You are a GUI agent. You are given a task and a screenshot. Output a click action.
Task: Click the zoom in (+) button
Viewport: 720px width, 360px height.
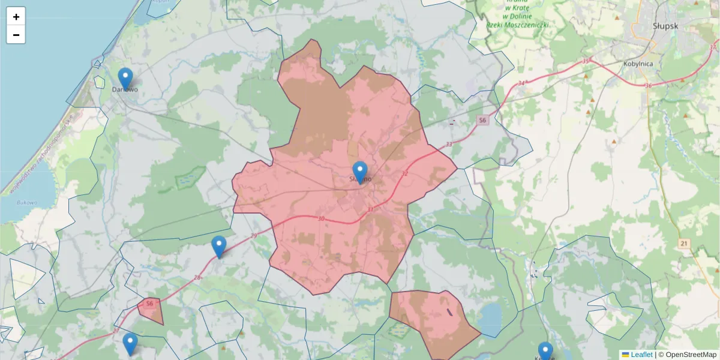pyautogui.click(x=16, y=17)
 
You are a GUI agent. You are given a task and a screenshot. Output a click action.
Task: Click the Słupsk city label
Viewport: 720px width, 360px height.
pyautogui.click(x=665, y=26)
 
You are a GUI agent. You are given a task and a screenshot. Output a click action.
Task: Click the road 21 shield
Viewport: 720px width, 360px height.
pyautogui.click(x=683, y=243)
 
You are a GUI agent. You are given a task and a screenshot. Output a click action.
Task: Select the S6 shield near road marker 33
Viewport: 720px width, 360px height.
pyautogui.click(x=483, y=121)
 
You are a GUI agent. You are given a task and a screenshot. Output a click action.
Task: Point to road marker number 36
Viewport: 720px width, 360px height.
pyautogui.click(x=648, y=86)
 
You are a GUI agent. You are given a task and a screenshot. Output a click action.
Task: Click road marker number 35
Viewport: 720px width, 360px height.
pyautogui.click(x=586, y=61)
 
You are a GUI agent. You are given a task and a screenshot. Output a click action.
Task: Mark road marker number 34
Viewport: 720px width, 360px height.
pyautogui.click(x=521, y=83)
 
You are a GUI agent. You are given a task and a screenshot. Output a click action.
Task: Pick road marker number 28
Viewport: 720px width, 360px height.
pyautogui.click(x=198, y=277)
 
